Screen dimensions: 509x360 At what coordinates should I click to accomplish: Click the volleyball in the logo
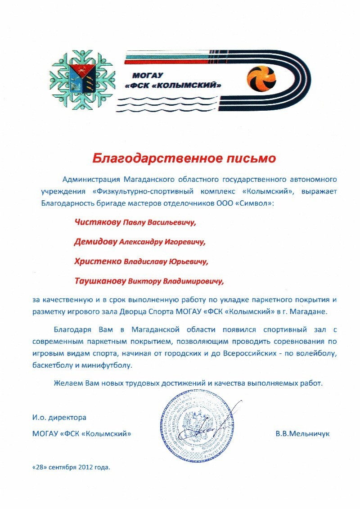262,79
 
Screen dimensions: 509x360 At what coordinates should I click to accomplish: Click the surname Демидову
96,242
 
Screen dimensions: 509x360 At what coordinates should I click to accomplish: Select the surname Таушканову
100,282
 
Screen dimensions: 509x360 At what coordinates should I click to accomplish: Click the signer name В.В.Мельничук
302,434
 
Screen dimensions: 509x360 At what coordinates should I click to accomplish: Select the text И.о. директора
59,418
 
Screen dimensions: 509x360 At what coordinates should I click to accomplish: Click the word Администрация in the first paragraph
92,179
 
